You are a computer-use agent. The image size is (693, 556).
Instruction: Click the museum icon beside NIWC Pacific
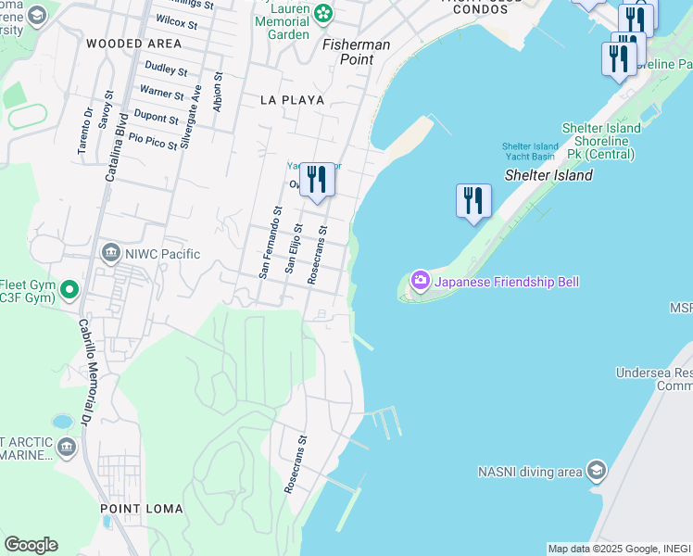click(x=110, y=252)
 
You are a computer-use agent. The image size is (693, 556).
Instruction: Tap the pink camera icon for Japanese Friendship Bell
click(x=421, y=280)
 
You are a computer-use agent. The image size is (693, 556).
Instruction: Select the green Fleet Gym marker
click(x=69, y=291)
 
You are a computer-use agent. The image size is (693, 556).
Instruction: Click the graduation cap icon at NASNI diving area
click(x=596, y=472)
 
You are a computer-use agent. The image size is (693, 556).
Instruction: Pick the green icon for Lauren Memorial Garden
click(x=322, y=13)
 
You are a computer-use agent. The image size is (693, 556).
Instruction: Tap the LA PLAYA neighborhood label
click(x=292, y=99)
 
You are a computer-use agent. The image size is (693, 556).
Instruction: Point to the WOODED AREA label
click(x=133, y=44)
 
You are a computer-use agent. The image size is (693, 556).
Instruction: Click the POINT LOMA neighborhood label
click(x=133, y=509)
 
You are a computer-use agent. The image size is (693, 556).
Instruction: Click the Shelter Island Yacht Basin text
click(x=530, y=151)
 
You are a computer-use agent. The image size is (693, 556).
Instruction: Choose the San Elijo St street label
click(x=294, y=247)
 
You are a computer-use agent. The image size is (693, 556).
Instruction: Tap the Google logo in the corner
click(x=31, y=545)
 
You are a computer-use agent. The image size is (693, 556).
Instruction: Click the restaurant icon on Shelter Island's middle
click(x=473, y=200)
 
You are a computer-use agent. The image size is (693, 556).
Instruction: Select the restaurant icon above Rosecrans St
click(x=317, y=179)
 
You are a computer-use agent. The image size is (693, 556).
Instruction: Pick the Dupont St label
click(x=157, y=119)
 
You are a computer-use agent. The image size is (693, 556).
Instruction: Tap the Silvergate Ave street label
click(x=191, y=117)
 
